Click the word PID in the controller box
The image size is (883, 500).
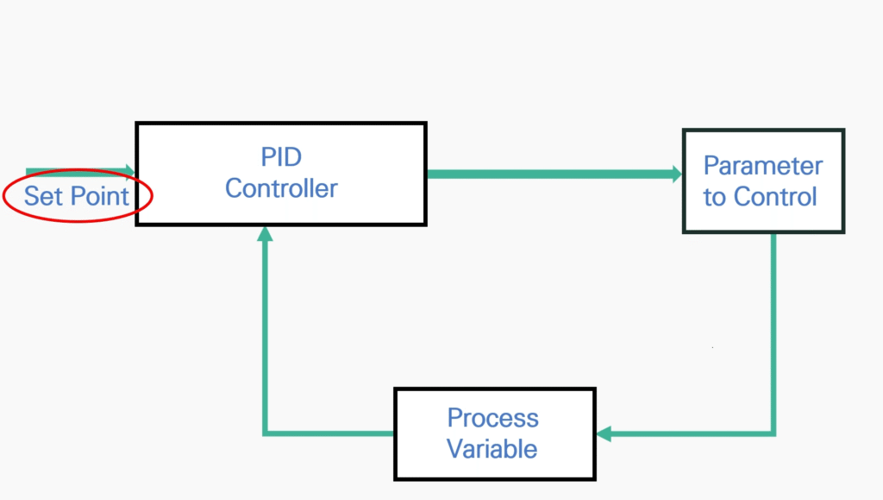(281, 156)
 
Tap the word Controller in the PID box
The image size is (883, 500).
(281, 188)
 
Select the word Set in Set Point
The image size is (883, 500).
(43, 196)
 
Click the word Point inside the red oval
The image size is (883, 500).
(100, 196)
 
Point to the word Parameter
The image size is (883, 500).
(763, 166)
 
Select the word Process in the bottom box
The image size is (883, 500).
(492, 418)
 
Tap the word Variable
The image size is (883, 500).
(492, 449)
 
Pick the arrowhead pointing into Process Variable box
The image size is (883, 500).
(604, 434)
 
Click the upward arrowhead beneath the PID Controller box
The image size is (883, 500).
(266, 233)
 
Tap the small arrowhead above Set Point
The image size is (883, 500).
(130, 170)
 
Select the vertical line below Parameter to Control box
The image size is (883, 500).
(773, 332)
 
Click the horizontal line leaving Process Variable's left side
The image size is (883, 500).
(329, 434)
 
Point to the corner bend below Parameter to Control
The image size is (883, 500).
(773, 434)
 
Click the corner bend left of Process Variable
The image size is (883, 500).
(266, 434)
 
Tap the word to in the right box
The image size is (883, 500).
(715, 198)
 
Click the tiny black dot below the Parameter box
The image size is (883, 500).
(712, 347)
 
